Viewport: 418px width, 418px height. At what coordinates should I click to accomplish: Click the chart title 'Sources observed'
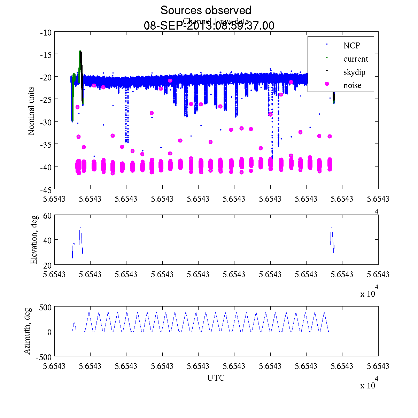[206, 10]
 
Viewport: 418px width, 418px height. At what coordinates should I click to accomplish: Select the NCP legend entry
[351, 45]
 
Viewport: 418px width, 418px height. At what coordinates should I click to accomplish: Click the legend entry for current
[355, 59]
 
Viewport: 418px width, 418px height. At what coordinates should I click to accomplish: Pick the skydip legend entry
[354, 72]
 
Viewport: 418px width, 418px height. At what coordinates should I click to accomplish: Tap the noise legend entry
[352, 85]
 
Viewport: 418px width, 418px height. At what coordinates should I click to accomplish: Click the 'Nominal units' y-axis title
[31, 111]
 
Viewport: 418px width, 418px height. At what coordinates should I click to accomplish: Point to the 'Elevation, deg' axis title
[34, 240]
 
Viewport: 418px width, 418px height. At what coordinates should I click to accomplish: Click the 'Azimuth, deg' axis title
[27, 331]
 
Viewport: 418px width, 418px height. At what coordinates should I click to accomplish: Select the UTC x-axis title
[216, 378]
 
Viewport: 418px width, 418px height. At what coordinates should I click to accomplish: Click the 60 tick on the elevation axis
[47, 216]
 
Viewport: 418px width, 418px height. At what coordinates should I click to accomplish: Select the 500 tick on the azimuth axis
[45, 307]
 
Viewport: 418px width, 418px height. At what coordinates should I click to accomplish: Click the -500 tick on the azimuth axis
[44, 357]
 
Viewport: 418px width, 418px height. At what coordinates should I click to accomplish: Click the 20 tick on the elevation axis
[47, 265]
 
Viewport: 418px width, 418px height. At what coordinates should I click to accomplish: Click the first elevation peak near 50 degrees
[80, 228]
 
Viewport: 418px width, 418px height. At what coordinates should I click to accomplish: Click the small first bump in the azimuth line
[74, 323]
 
